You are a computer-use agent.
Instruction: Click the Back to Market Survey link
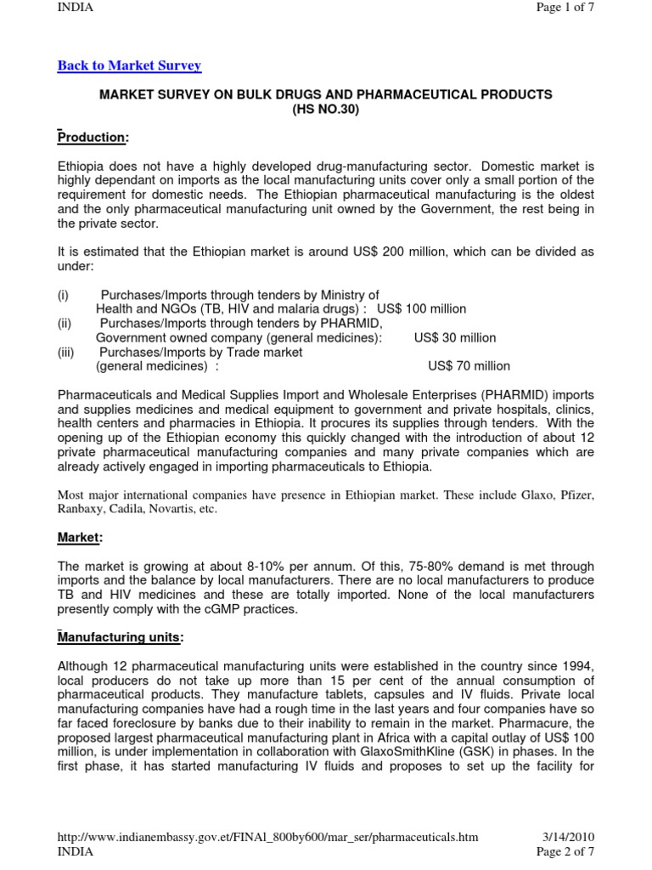click(x=129, y=65)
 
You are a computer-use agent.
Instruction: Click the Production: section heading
click(x=93, y=138)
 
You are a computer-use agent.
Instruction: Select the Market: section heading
click(x=81, y=538)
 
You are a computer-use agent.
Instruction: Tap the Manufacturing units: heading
click(x=120, y=637)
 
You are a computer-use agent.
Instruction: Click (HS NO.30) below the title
click(x=326, y=110)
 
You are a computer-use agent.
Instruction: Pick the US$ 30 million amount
click(x=455, y=337)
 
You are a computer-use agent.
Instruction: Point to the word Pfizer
click(x=577, y=494)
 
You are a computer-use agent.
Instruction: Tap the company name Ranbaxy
click(x=79, y=509)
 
